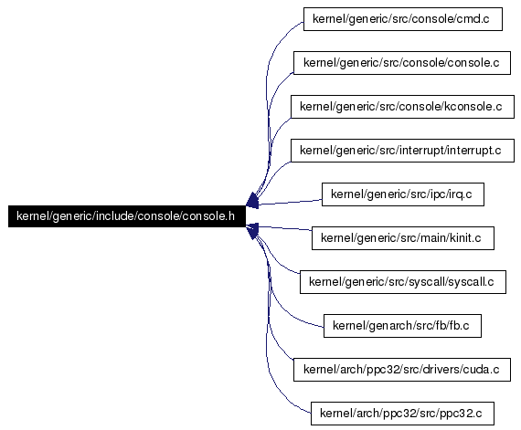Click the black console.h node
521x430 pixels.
(x=127, y=216)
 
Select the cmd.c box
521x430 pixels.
(x=403, y=19)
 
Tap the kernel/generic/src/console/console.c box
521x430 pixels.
(x=402, y=63)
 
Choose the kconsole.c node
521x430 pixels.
(x=402, y=107)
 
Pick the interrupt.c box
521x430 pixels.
(x=402, y=151)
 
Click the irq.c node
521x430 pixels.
(x=403, y=194)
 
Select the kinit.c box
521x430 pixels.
(x=403, y=238)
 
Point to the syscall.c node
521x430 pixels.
(x=403, y=282)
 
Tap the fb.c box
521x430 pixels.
(x=402, y=326)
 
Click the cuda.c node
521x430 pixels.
(x=402, y=370)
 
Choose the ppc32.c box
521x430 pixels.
(x=402, y=414)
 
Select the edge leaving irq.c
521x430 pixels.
(x=290, y=202)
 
